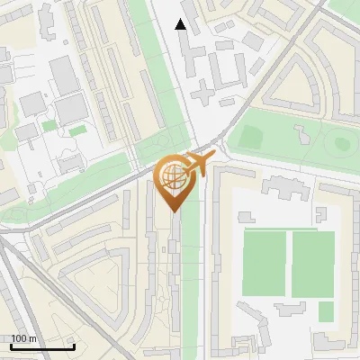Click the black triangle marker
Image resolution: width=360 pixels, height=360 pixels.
point(182,25)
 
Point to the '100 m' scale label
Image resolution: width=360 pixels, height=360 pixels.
point(23,338)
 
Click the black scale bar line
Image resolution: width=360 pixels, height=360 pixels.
point(41,346)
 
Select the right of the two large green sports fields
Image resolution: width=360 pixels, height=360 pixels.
point(313,264)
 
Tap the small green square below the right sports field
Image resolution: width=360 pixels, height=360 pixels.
point(326,311)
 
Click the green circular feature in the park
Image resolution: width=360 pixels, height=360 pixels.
point(339,141)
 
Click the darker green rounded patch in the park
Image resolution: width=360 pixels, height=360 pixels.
point(251,138)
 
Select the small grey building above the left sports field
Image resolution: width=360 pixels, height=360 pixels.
point(245,217)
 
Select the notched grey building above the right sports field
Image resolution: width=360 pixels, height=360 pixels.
point(289,187)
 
